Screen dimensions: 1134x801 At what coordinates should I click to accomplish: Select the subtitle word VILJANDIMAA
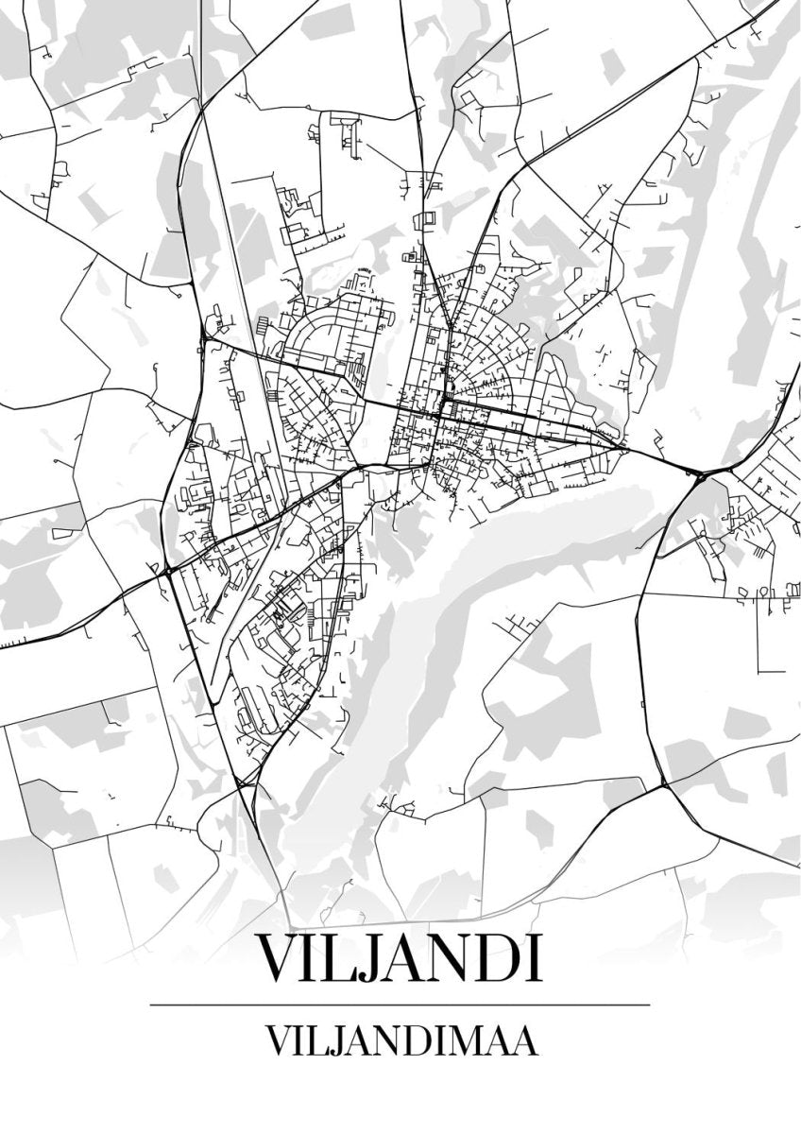pos(400,1039)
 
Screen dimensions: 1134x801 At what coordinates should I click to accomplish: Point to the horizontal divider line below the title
pos(400,1005)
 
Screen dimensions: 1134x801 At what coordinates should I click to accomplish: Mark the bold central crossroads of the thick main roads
pos(442,409)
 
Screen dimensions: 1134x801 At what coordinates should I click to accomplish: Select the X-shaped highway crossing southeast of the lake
pos(664,783)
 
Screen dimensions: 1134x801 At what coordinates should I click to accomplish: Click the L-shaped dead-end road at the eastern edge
pos(761,643)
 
